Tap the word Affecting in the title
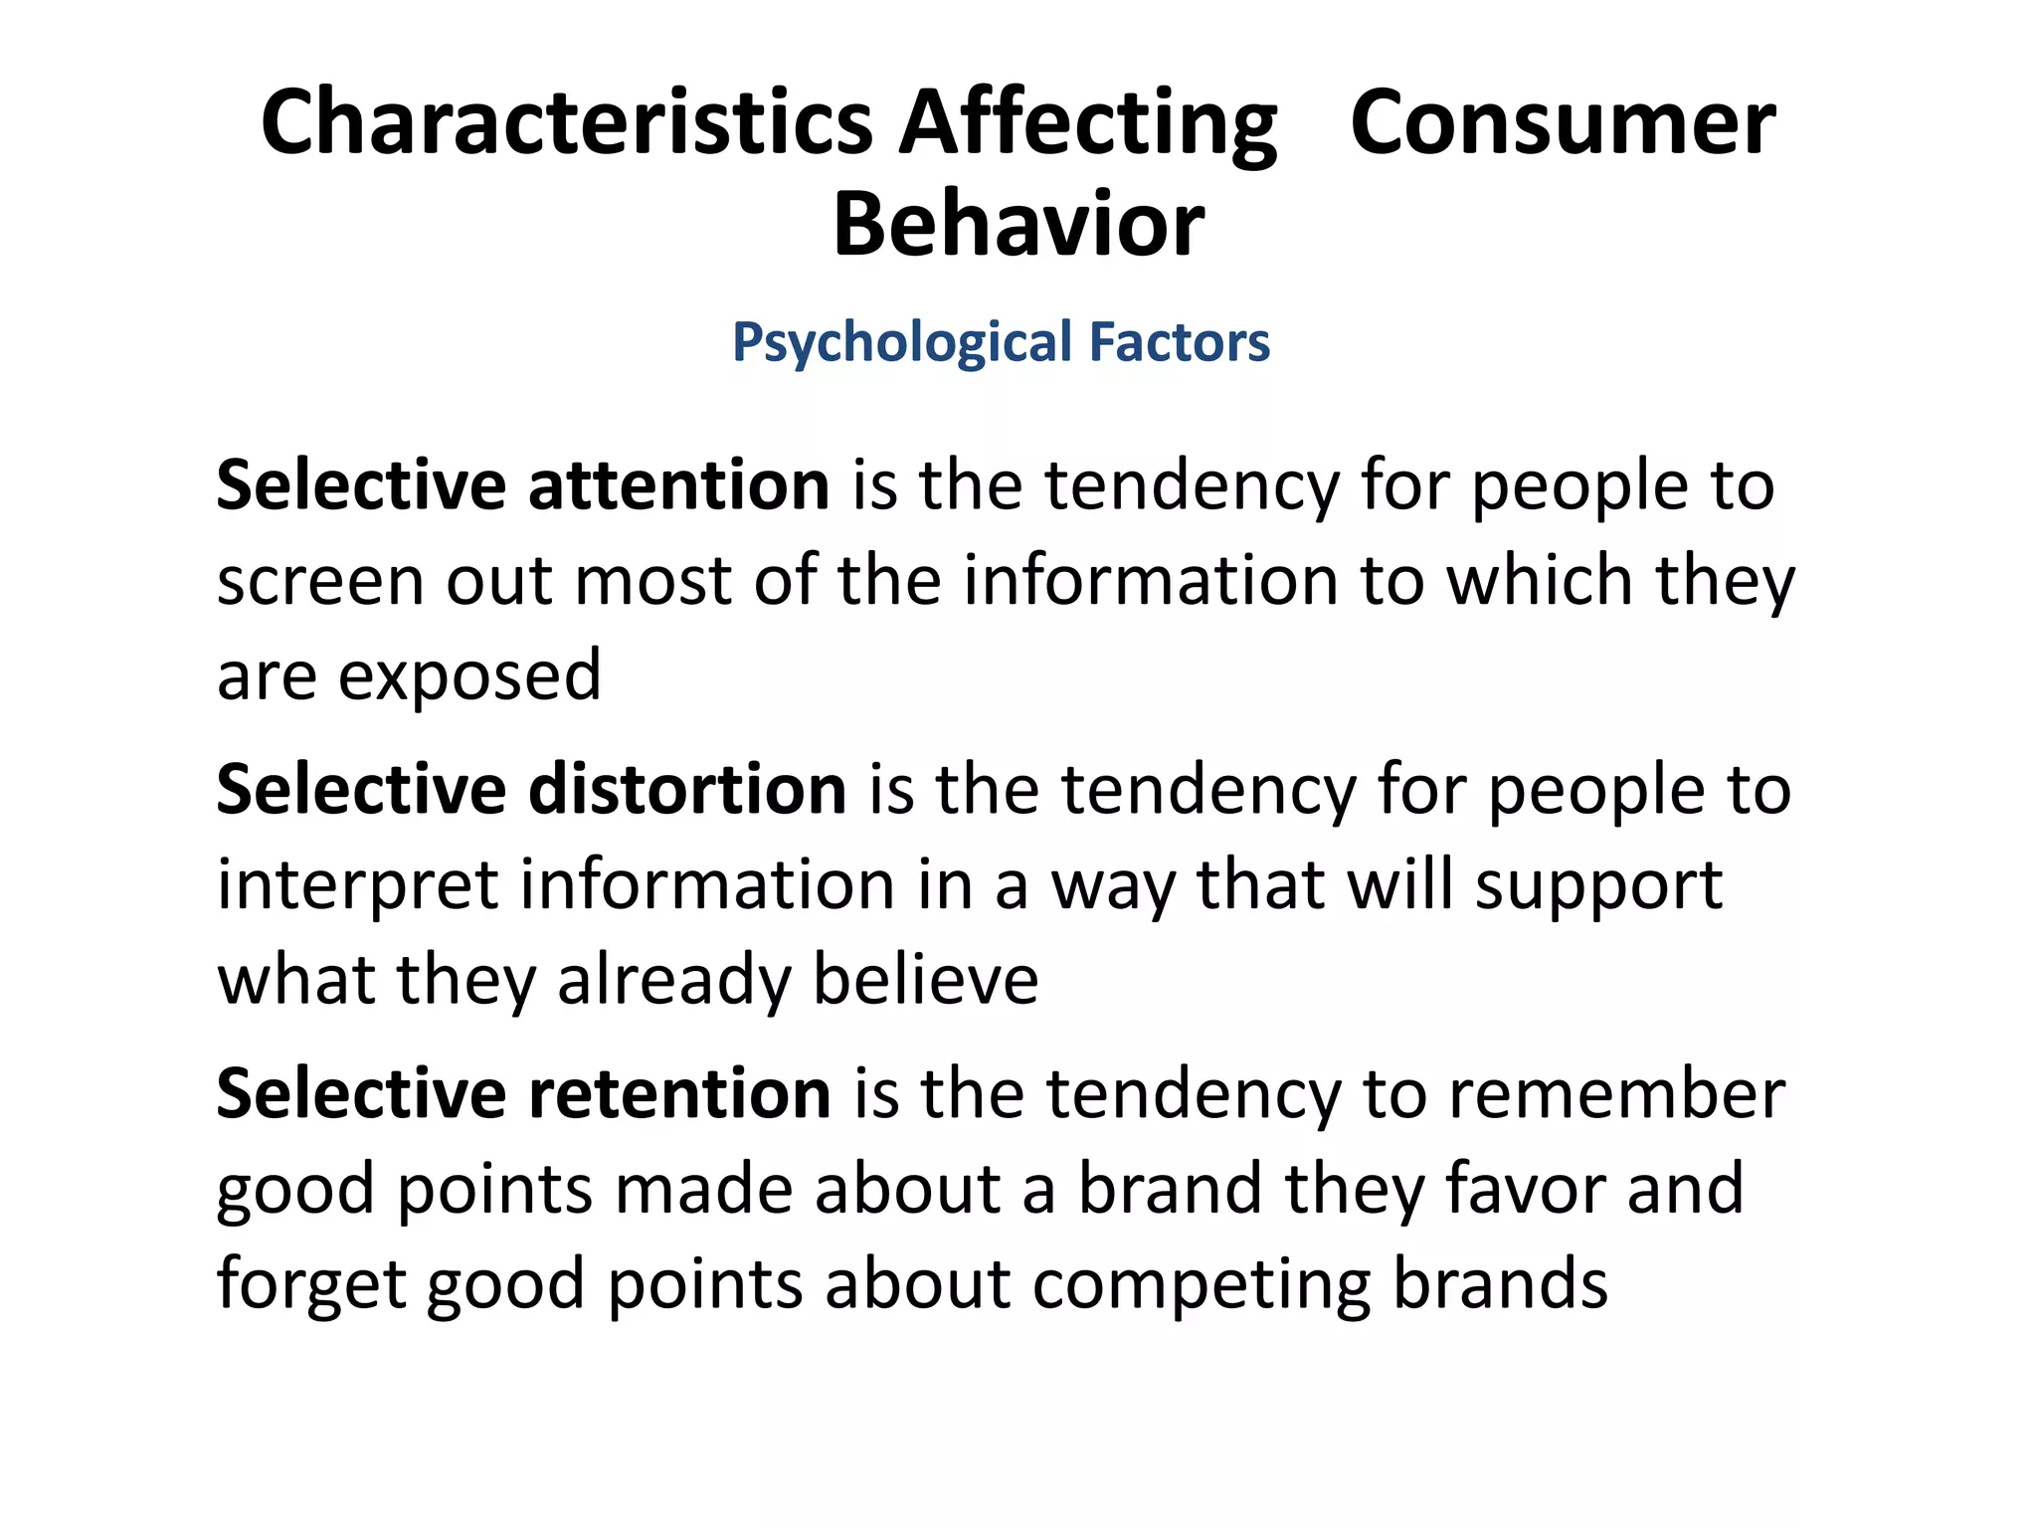coord(1088,124)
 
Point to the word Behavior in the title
coord(1018,225)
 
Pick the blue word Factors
coord(1180,341)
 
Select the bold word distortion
coord(687,789)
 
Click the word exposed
coord(469,676)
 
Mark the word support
coord(1598,887)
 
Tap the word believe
coord(926,980)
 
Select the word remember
coord(1617,1093)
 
